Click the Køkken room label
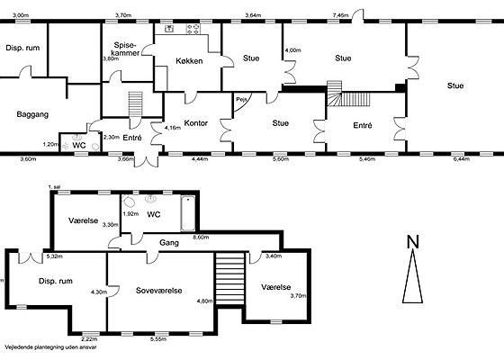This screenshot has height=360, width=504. coord(189,61)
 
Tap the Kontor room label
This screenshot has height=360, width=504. coord(196,122)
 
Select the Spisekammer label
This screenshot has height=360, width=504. coord(125,49)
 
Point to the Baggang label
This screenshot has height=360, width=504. coord(32,114)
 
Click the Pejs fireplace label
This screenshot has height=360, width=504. coord(241,100)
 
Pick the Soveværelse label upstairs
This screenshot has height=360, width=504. coord(158,291)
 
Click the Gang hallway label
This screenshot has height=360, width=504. coord(169,243)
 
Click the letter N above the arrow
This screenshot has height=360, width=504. coord(413,242)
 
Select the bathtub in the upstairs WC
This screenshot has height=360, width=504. coord(188,213)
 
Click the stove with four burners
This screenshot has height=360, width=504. coord(193,30)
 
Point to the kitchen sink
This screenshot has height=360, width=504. coord(169,29)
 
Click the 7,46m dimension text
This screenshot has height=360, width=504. coord(340,14)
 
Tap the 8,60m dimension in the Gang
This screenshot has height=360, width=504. coord(201,238)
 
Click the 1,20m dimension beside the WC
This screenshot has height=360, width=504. coord(50,144)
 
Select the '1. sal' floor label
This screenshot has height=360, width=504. coord(54,187)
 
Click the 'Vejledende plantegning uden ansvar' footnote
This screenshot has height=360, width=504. coord(50,347)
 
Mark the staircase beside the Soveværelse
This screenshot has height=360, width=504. coord(229,278)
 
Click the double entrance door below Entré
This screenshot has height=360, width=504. coord(146,159)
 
